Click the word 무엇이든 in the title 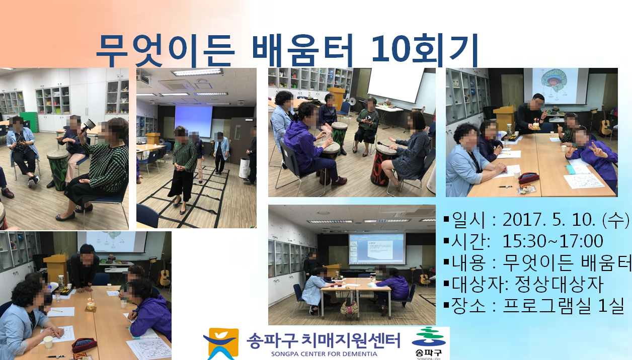point(166,50)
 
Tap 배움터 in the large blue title point(302,50)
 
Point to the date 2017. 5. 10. point(549,220)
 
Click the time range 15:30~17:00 point(552,241)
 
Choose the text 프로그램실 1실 point(563,305)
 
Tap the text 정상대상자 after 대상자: point(559,284)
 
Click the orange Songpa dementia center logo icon point(220,343)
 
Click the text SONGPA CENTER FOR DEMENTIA point(324,354)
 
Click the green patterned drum point(57,169)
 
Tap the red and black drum point(381,165)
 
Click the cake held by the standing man point(535,124)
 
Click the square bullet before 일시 point(446,219)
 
